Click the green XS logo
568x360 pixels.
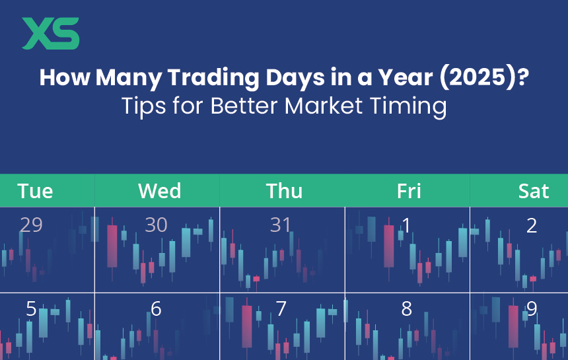(51, 33)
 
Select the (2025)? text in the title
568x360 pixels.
(478, 78)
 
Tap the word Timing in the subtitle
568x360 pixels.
(412, 106)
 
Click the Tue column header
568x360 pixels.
(35, 191)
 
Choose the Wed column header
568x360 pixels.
(159, 191)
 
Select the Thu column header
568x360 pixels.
(284, 191)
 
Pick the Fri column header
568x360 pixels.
(409, 191)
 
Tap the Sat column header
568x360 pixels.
(533, 191)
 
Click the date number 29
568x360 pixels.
(31, 225)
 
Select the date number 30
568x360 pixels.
(156, 225)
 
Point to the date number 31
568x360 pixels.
(281, 225)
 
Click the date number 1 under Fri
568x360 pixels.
(406, 225)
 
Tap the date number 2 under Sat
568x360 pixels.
(532, 225)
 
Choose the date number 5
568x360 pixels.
(31, 308)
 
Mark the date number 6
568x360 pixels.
(156, 308)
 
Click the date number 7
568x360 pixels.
(281, 308)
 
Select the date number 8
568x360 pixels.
(406, 308)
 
